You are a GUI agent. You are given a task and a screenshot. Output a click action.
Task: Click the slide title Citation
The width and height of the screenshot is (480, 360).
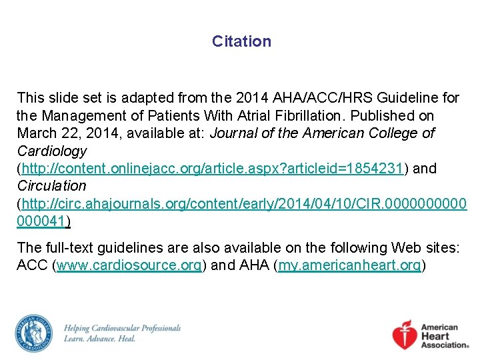pos(241,41)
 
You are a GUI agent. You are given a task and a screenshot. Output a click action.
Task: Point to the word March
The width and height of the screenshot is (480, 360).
pos(37,133)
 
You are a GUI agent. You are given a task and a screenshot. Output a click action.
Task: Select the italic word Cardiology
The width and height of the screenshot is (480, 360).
pos(52,151)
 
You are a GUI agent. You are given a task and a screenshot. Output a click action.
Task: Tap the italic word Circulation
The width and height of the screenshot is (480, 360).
pos(52,185)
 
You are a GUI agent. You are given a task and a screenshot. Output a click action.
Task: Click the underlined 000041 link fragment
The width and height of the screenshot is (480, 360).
pos(43,220)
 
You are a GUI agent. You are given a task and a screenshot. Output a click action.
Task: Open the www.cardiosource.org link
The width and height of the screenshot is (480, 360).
pos(129,265)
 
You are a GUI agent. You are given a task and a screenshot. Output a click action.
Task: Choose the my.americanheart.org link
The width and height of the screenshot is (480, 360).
pos(349,265)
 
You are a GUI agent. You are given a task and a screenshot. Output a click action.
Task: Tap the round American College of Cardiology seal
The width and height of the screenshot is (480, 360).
pos(34,333)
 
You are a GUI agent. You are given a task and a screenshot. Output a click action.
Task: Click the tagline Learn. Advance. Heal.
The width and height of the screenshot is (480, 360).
pos(100,339)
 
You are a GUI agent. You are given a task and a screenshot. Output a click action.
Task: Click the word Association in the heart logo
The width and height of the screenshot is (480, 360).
pos(445,345)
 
